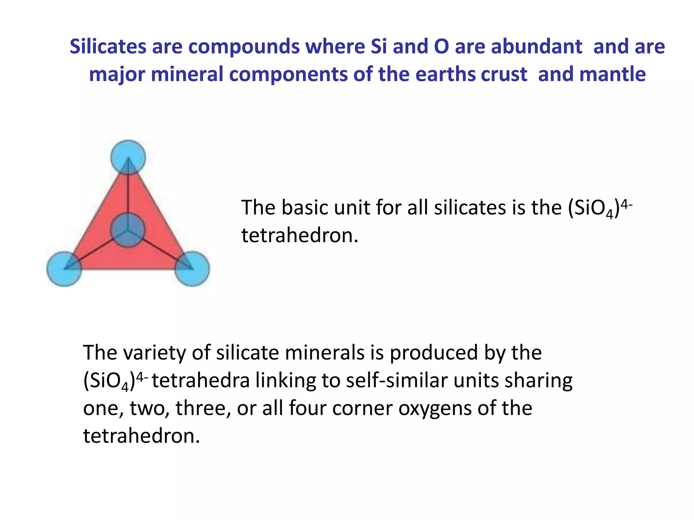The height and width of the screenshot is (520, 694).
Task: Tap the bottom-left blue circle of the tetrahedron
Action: coord(64,269)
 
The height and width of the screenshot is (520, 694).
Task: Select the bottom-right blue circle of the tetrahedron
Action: coord(192,269)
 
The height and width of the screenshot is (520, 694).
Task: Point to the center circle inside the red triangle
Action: coord(128,230)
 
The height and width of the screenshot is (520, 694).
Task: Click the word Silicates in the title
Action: coord(108,46)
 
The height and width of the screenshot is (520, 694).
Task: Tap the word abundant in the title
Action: coord(536,46)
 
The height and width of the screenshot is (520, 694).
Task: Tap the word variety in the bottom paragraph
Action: coord(155,353)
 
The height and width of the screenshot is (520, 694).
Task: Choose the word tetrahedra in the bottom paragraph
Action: coord(201,381)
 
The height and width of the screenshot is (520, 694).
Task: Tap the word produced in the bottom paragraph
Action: coord(434,353)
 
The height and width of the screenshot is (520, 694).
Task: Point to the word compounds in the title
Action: coord(244,46)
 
